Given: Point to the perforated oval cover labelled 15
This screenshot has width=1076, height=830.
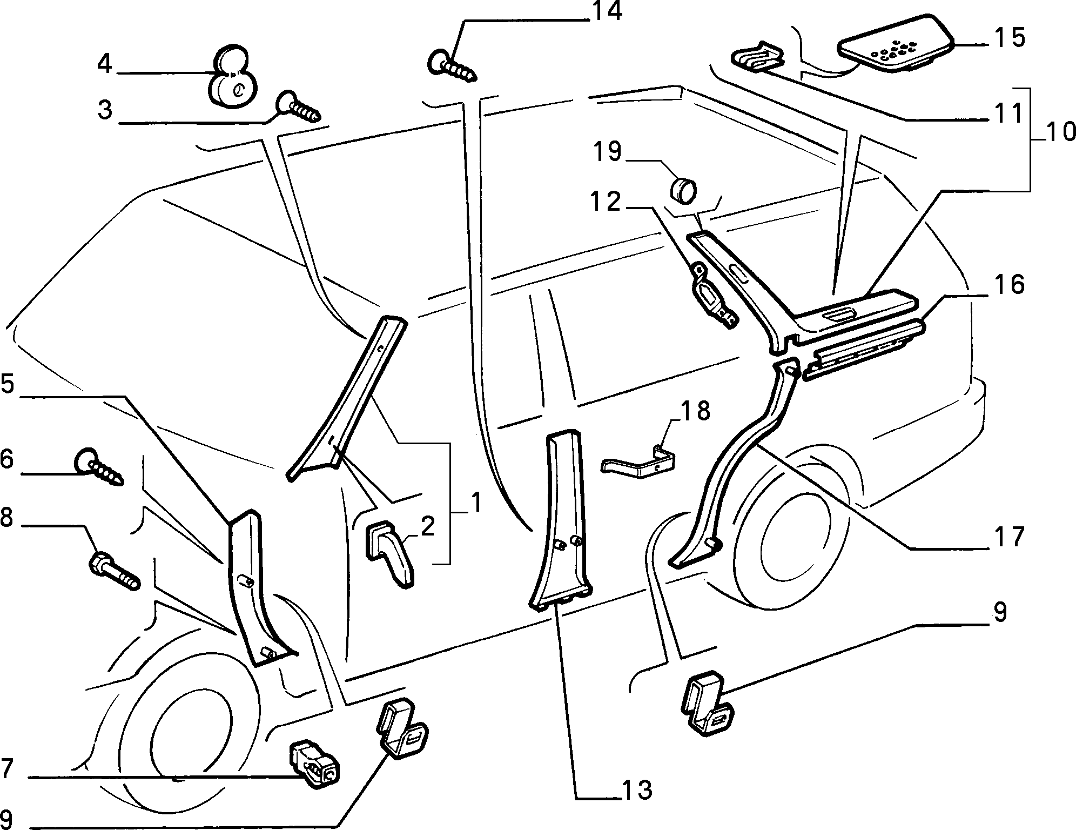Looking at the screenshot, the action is pyautogui.click(x=896, y=49).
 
